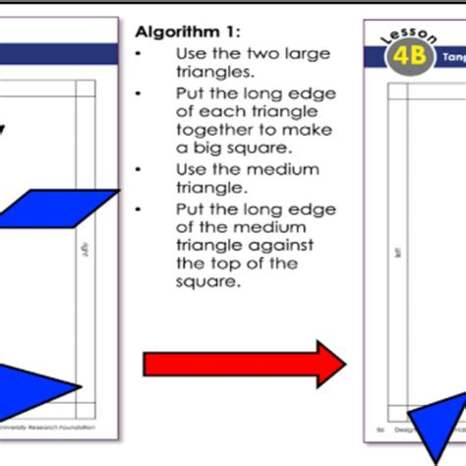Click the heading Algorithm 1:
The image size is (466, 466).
[182, 30]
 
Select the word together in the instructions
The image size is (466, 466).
[213, 130]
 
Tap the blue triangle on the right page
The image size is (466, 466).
[434, 422]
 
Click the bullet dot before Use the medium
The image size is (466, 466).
[142, 170]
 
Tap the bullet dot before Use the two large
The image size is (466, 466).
[142, 54]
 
